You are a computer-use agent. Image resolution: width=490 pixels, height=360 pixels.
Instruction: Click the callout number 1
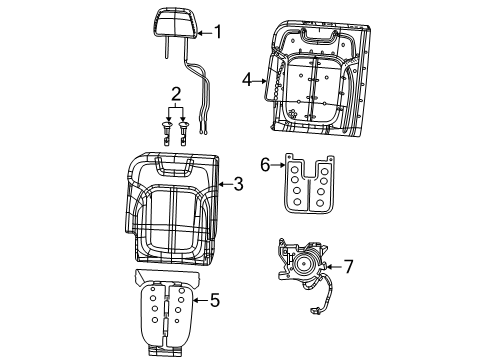click(217, 32)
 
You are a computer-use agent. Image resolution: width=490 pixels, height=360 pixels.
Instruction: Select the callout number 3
click(237, 183)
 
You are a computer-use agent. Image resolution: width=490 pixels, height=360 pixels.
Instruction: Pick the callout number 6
click(265, 165)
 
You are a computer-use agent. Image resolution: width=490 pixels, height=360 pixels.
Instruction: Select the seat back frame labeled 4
click(313, 79)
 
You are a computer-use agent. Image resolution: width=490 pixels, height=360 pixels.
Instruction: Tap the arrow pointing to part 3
click(222, 183)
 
